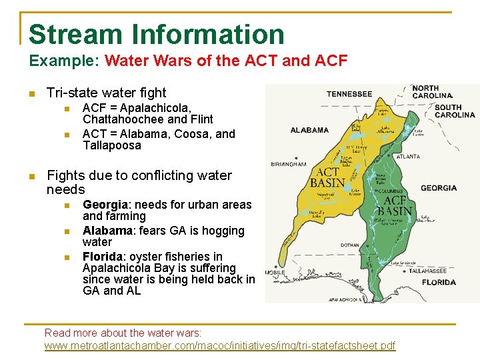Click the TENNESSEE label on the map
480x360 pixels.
click(x=350, y=94)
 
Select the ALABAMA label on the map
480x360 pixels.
click(x=309, y=130)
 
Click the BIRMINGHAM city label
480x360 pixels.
click(x=288, y=163)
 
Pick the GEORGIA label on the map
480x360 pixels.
click(x=439, y=188)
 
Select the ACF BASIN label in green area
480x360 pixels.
click(x=396, y=205)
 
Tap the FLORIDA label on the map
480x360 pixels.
click(x=439, y=282)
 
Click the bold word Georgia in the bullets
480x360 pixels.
click(x=104, y=205)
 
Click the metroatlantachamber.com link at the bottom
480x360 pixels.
click(x=219, y=345)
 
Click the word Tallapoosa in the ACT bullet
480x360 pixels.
click(x=112, y=145)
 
